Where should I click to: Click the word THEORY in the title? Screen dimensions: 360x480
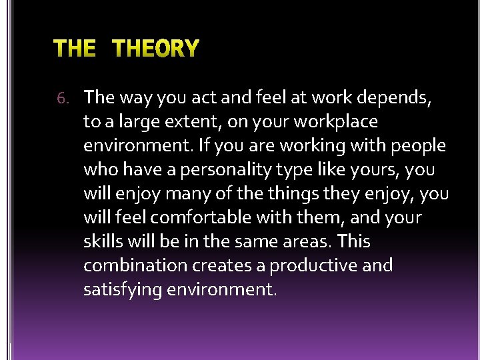pos(155,49)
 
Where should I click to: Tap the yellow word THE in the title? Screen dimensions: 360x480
pos(74,49)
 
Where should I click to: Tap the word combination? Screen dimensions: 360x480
pos(135,266)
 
